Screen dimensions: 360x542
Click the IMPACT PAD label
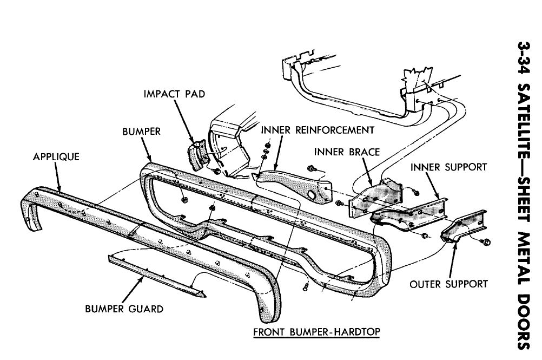[174, 94]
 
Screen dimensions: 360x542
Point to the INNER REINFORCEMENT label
[317, 130]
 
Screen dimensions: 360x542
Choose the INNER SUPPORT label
[448, 167]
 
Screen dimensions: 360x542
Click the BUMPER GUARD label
[124, 310]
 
